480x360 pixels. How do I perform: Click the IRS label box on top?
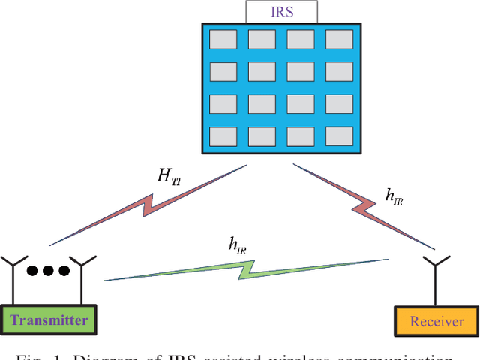click(x=281, y=11)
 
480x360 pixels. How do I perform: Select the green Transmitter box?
click(x=49, y=321)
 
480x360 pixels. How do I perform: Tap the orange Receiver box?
click(x=436, y=321)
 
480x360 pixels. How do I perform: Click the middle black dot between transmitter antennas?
click(x=46, y=270)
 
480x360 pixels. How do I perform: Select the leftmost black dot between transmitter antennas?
click(x=32, y=270)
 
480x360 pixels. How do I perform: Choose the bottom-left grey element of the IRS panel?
click(x=223, y=136)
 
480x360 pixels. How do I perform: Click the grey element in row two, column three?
click(x=301, y=72)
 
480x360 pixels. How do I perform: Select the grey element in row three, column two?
click(x=262, y=104)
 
